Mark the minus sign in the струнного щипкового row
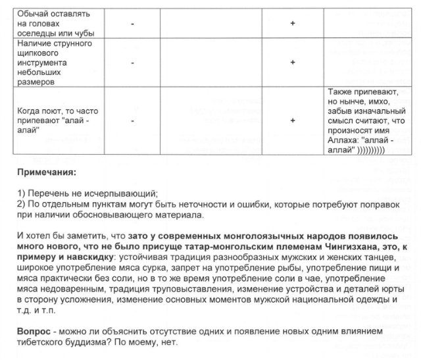(132, 63)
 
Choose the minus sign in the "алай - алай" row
(132, 121)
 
